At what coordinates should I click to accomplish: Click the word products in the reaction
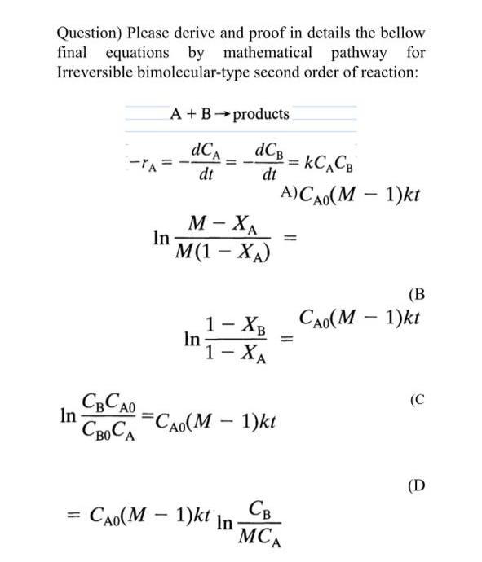pos(260,114)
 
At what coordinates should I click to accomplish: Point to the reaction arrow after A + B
pos(222,114)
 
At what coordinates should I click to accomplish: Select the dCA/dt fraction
pos(203,163)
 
